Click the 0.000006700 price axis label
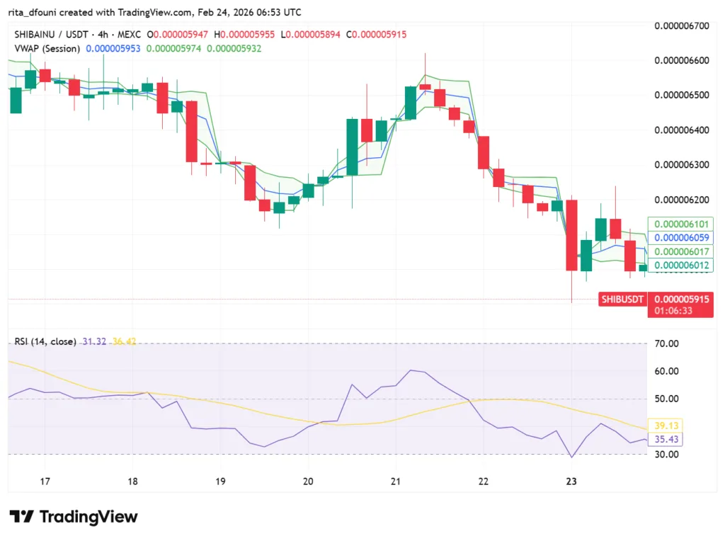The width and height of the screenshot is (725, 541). [681, 26]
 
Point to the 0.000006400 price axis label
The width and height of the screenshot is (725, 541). [681, 130]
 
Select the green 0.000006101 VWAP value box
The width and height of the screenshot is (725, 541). [680, 224]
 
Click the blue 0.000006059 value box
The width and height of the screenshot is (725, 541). [680, 238]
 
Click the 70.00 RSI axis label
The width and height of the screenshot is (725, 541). [667, 343]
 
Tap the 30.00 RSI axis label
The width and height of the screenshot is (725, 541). [667, 455]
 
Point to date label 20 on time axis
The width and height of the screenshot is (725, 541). [308, 482]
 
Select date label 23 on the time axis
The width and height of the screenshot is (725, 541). [572, 482]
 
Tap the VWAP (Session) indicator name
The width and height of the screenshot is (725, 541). [47, 48]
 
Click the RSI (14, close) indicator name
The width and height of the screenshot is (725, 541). [45, 341]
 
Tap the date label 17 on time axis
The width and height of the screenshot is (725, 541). [45, 482]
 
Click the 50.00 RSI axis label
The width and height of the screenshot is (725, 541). [667, 399]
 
